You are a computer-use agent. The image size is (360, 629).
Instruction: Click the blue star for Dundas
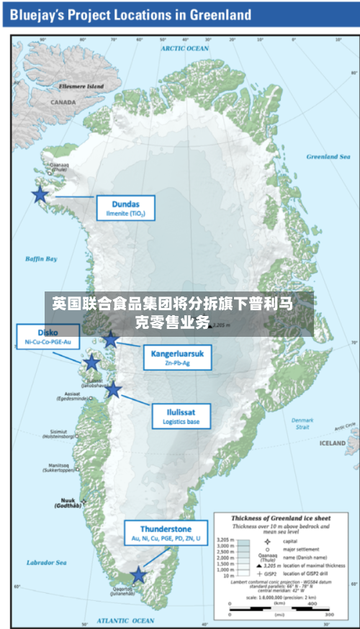tap(40, 194)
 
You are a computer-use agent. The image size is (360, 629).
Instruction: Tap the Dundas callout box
tap(125, 207)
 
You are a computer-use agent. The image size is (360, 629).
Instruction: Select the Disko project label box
tap(48, 338)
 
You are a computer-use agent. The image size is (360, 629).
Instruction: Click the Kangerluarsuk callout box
tap(176, 357)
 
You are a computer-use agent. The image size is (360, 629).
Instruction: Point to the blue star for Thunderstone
tap(138, 575)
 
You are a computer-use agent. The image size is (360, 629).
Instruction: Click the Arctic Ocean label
tap(184, 48)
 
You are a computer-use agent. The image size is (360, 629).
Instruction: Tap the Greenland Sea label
tap(328, 156)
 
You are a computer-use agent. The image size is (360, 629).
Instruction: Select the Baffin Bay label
tap(41, 259)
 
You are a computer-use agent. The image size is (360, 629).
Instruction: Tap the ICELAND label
tap(332, 443)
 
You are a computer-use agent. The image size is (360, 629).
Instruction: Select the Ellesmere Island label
tap(81, 86)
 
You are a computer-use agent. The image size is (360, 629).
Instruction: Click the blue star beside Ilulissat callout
tap(114, 390)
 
